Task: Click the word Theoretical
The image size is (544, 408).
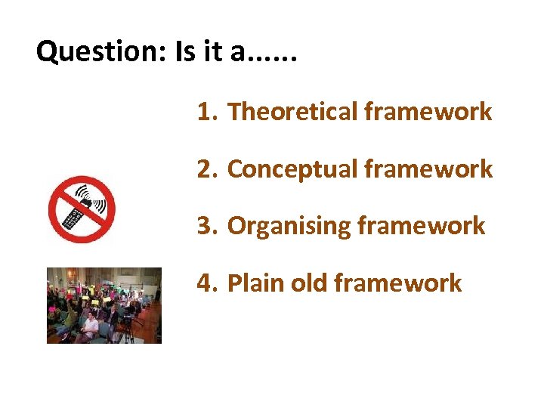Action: (x=292, y=112)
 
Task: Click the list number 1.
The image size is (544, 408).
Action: (x=205, y=112)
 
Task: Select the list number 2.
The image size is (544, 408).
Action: (x=205, y=169)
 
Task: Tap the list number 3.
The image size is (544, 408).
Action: (x=205, y=226)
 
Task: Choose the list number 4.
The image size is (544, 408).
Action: (x=205, y=283)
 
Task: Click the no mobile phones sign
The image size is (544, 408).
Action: (x=82, y=209)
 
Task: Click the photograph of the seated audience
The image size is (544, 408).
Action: (x=104, y=305)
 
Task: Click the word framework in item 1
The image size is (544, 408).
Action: (x=428, y=112)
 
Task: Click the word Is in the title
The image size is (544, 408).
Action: (x=185, y=52)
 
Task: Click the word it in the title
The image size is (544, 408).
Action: (x=215, y=52)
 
